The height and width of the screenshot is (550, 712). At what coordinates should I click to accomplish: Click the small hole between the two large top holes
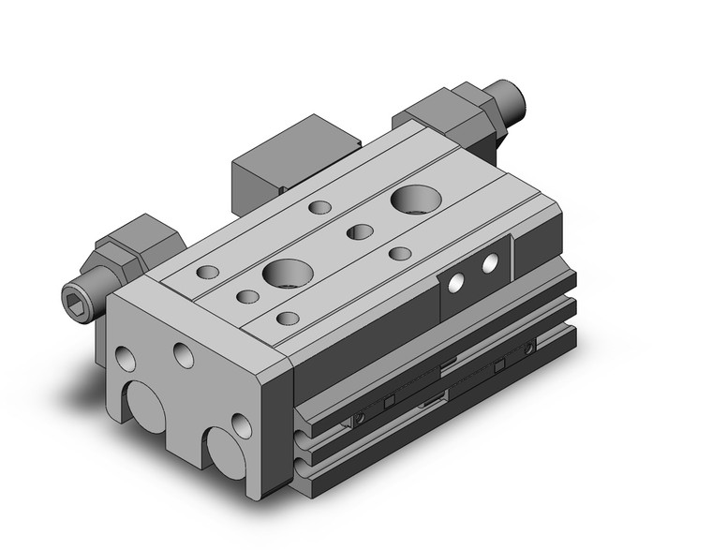(359, 231)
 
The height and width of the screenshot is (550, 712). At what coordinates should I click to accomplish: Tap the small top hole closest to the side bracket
(400, 253)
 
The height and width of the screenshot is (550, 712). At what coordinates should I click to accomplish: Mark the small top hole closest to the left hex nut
(208, 273)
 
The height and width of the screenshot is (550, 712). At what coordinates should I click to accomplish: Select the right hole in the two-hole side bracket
(489, 266)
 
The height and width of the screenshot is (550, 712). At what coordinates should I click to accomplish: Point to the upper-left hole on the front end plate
(123, 357)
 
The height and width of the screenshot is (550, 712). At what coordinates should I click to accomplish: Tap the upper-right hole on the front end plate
(185, 354)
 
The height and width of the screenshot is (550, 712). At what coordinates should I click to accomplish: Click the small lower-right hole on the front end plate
(242, 426)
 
